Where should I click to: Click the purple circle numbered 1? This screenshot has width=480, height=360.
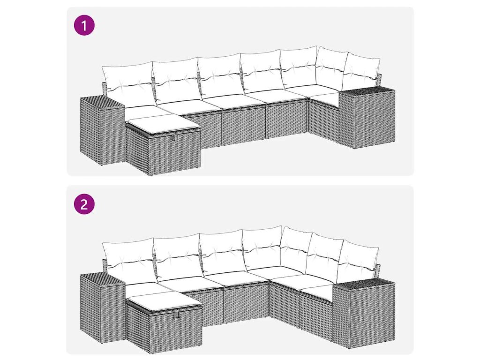(84, 25)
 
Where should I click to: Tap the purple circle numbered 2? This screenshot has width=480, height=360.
(84, 203)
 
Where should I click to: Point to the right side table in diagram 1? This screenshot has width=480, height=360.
(367, 118)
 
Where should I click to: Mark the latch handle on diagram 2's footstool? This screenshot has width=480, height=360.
(176, 315)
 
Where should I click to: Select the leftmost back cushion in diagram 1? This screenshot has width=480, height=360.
(127, 81)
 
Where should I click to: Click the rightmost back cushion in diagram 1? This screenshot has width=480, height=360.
(361, 71)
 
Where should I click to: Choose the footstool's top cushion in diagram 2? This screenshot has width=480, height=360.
(164, 302)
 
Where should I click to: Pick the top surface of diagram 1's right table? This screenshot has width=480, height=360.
(367, 91)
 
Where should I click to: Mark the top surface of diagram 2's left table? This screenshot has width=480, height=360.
(103, 278)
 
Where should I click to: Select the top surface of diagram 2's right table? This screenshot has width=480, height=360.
(364, 283)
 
